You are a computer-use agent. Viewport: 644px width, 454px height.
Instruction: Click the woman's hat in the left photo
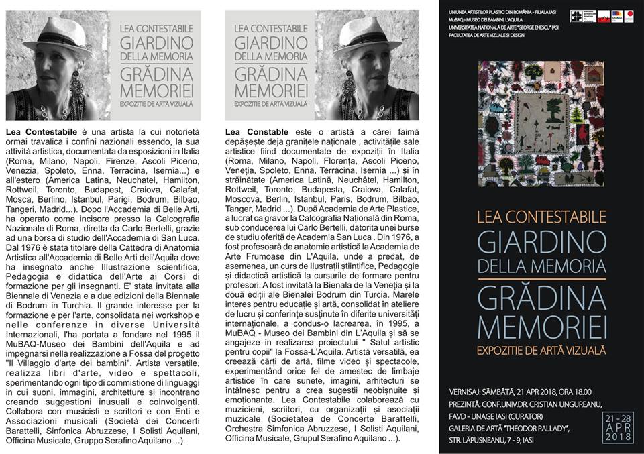click(x=64, y=35)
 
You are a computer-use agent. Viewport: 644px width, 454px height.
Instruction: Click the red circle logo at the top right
click(x=628, y=16)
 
